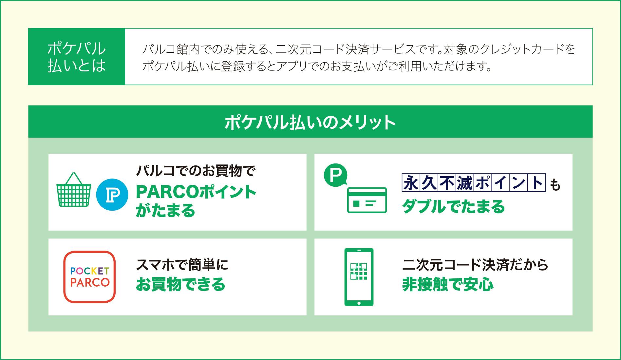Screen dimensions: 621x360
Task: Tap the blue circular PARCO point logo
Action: click(x=112, y=195)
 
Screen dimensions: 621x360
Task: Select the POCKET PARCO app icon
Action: click(x=89, y=277)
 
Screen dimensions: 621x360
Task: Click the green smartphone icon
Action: click(x=359, y=277)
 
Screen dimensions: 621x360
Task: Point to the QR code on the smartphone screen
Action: click(x=359, y=272)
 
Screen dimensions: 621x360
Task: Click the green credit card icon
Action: click(x=367, y=200)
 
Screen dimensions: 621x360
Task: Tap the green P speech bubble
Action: click(x=335, y=176)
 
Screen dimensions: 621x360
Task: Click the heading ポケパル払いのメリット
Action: click(x=310, y=122)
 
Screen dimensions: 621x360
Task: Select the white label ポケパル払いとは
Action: click(x=77, y=57)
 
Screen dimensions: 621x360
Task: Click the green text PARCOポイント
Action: click(x=196, y=192)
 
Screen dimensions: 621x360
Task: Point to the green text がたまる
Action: click(x=165, y=210)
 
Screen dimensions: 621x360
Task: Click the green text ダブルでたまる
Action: click(x=453, y=207)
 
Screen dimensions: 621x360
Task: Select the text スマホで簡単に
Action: click(x=182, y=265)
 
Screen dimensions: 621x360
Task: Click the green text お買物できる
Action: click(x=180, y=284)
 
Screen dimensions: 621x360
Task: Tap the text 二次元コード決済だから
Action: click(x=475, y=265)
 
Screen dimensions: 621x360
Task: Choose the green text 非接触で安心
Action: click(x=448, y=284)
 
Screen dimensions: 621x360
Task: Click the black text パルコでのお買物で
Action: click(x=195, y=171)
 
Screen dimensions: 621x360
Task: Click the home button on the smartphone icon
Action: click(x=359, y=303)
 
